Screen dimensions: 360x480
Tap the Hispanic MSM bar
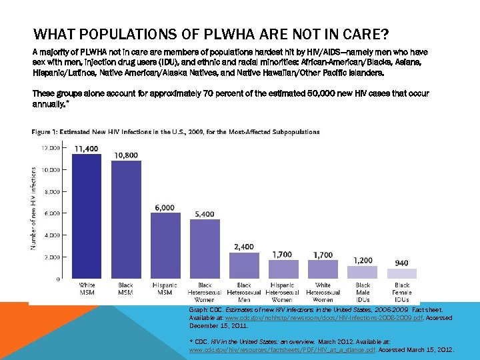165,246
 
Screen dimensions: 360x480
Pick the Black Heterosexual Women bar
205,249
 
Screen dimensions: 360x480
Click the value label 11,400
87,148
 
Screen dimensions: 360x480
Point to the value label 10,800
126,155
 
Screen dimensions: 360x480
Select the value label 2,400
244,247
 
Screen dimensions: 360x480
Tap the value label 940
401,263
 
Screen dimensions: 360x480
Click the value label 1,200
363,260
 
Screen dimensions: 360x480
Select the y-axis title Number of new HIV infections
35,208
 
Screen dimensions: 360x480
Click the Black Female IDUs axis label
401,292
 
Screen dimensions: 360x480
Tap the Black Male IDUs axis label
363,292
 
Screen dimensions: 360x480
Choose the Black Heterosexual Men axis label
244,292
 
